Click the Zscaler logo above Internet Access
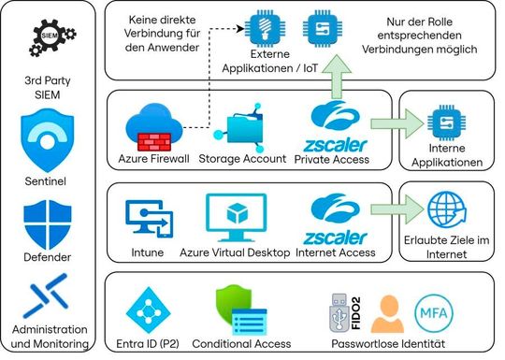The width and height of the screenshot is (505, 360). click(x=334, y=216)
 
